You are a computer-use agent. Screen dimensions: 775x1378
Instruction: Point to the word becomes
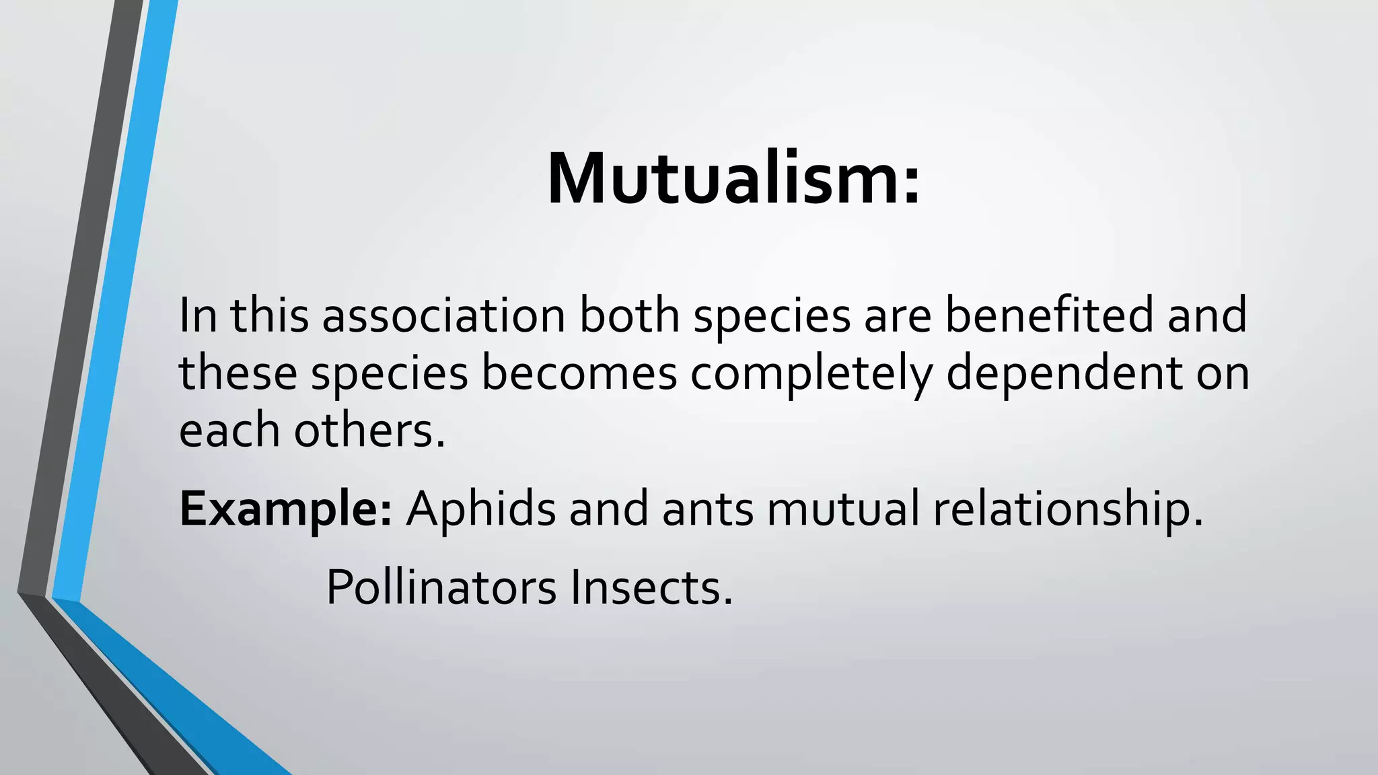pyautogui.click(x=579, y=373)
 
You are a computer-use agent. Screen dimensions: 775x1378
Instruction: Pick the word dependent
pyautogui.click(x=1064, y=374)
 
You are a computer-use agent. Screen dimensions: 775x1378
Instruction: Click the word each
pyautogui.click(x=229, y=431)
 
